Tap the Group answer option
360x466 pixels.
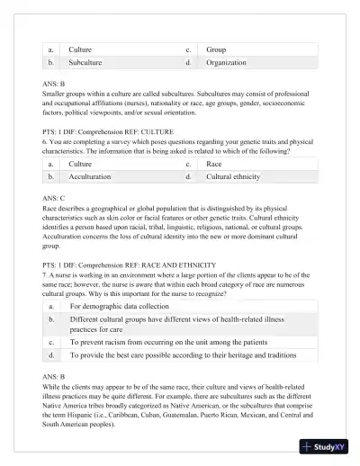[216, 49]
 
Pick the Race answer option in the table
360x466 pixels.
[214, 165]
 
